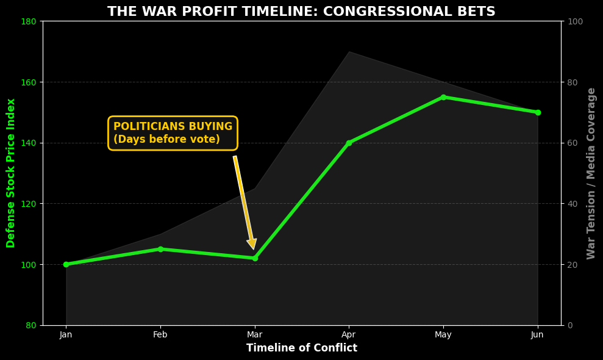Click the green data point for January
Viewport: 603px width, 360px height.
(x=66, y=264)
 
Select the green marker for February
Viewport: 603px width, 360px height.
(x=160, y=249)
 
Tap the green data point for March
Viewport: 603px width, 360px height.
(x=255, y=258)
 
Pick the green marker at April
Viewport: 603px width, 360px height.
(x=349, y=143)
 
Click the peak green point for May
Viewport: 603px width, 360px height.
(x=443, y=97)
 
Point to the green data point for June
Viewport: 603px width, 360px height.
(x=537, y=112)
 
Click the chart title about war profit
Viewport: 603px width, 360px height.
(x=301, y=12)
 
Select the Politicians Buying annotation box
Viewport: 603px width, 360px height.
(x=173, y=133)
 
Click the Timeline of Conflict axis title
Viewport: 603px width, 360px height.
(x=301, y=348)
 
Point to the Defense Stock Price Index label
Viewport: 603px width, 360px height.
(x=11, y=173)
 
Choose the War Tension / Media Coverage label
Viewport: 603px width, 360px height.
(x=591, y=173)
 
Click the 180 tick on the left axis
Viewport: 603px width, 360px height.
(x=30, y=21)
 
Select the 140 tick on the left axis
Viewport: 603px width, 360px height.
(x=30, y=143)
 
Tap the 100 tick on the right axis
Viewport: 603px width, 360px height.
(x=576, y=21)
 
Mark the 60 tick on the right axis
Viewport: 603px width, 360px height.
(x=573, y=143)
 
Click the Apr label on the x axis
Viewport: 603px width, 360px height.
(x=349, y=334)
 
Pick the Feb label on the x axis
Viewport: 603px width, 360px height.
(x=160, y=334)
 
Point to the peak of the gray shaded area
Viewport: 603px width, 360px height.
(x=349, y=52)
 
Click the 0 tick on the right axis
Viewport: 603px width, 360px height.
(x=571, y=325)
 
